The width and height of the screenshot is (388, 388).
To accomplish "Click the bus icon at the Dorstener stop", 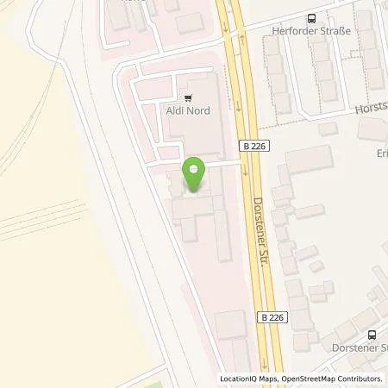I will tap(371, 334).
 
